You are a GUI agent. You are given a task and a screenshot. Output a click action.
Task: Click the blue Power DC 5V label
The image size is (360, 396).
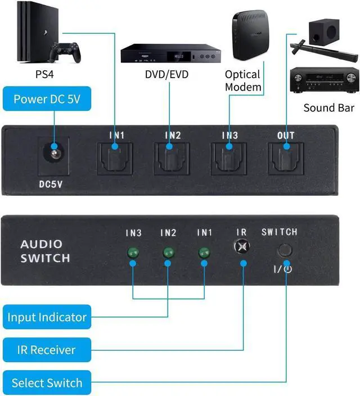coord(47,100)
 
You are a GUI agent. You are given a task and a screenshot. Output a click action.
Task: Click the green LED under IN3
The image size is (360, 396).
coord(133,253)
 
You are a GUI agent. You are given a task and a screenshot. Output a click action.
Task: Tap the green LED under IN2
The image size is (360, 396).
coord(168,253)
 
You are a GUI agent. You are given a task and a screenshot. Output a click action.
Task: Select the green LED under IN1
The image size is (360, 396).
coord(204,253)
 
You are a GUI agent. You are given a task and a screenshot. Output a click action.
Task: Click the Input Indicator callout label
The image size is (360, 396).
coord(47,317)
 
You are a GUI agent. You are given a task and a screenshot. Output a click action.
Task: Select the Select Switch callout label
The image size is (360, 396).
coord(47,383)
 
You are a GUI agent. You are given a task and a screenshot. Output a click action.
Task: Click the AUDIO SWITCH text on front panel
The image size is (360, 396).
coord(45,251)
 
